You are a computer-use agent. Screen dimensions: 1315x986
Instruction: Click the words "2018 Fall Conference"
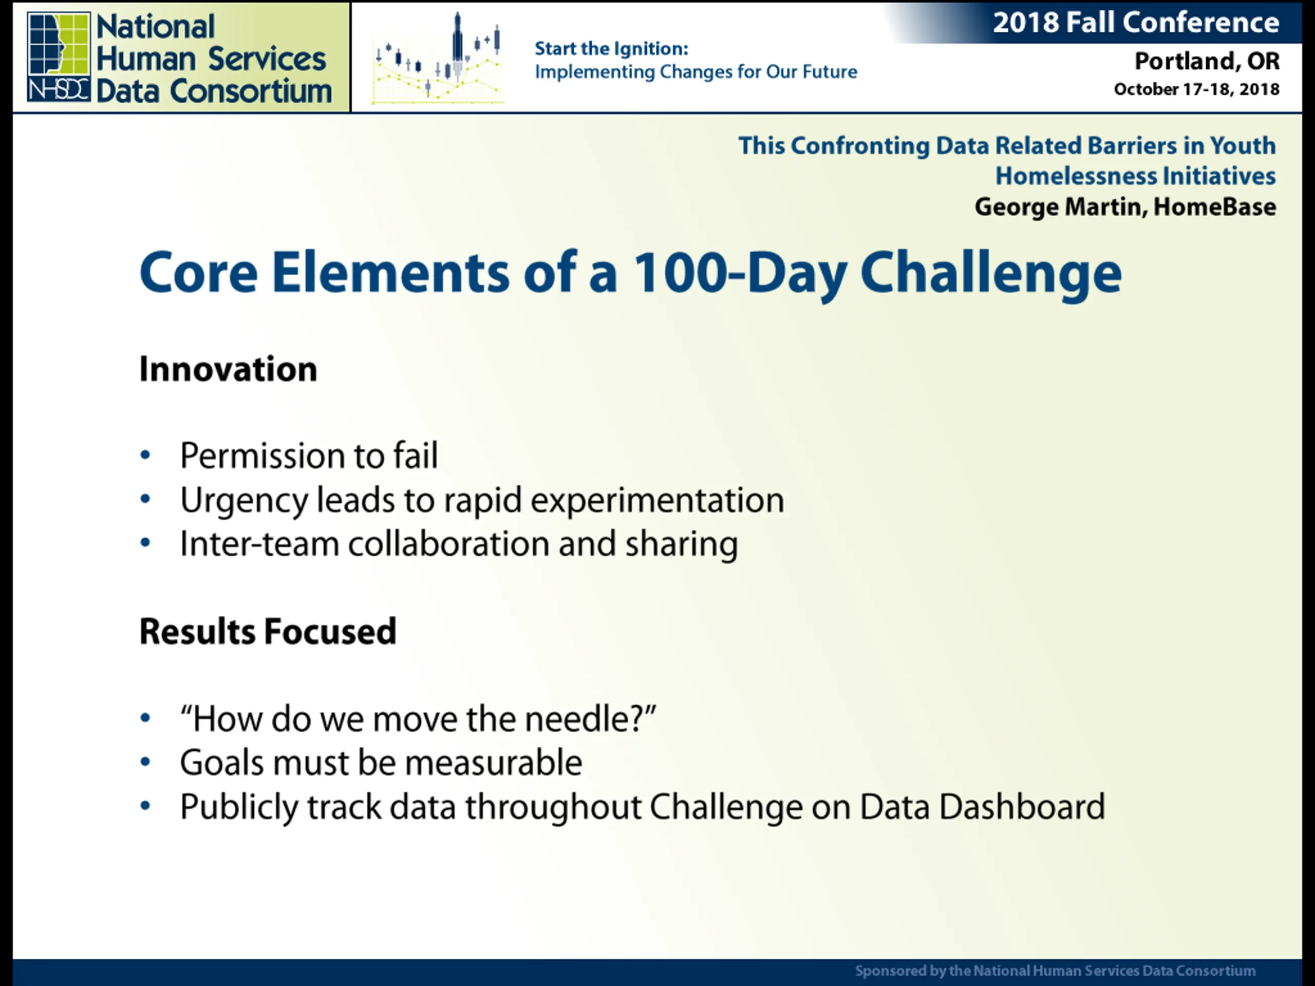coord(1135,23)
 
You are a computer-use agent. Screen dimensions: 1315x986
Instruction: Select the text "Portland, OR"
coord(1207,61)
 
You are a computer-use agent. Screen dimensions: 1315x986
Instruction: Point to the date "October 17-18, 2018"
coord(1196,89)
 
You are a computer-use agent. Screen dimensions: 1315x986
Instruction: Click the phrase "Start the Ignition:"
coord(611,48)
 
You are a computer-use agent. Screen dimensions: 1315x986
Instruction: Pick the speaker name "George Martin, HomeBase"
coord(1125,206)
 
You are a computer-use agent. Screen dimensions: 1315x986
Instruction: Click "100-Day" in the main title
coord(740,272)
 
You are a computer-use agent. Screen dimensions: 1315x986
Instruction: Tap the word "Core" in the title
coord(199,272)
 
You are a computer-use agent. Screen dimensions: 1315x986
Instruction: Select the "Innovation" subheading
coord(228,369)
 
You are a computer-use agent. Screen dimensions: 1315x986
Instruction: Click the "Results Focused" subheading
coord(268,631)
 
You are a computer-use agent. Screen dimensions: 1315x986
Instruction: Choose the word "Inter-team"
coord(259,544)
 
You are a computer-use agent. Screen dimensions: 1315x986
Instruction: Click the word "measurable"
coord(494,763)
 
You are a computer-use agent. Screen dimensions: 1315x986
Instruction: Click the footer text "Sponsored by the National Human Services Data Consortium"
coord(1055,971)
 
